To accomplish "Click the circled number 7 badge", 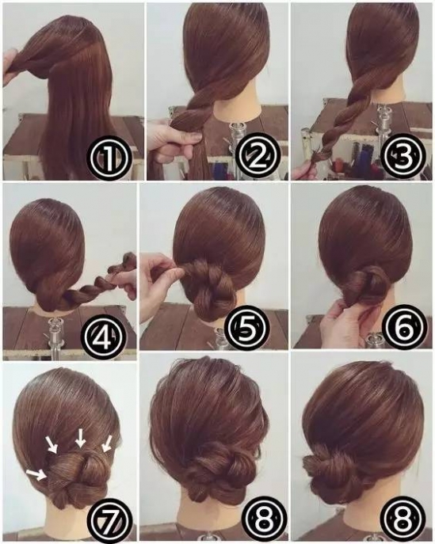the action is point(110,519).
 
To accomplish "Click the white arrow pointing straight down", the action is point(81,438).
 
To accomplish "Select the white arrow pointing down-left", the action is point(107,443).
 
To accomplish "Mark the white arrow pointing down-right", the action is point(52,445).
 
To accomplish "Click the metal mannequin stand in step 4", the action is point(54,333).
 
